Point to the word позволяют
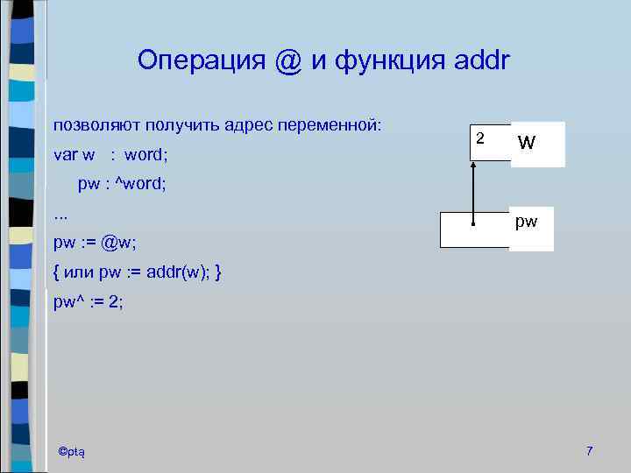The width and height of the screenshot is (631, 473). [x=96, y=125]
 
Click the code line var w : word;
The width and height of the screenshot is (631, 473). [x=110, y=155]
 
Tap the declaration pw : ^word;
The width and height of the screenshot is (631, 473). [x=122, y=185]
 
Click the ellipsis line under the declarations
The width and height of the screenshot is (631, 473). [x=60, y=213]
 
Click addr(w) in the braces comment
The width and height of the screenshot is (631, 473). [x=174, y=273]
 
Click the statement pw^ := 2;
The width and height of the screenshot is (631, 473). [x=89, y=303]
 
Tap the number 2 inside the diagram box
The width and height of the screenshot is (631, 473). [x=479, y=138]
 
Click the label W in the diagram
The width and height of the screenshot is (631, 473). [x=527, y=142]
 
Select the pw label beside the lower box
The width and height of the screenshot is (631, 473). [x=526, y=222]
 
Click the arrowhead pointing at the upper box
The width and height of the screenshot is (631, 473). [x=473, y=166]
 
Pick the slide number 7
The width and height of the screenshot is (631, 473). [x=590, y=450]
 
